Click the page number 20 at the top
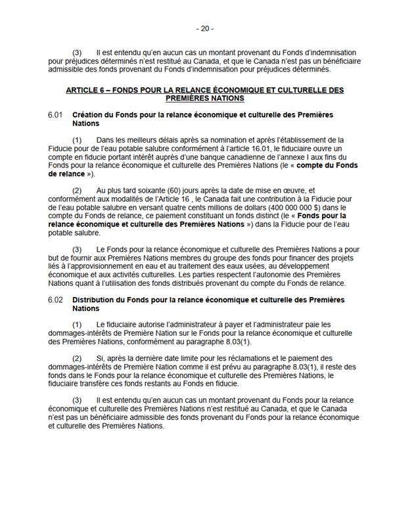coord(205,29)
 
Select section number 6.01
coord(55,115)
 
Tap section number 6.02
coord(55,299)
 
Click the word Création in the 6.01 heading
coord(87,115)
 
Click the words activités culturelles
coord(119,275)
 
